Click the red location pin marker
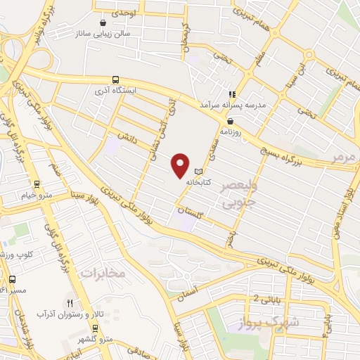pos(181,165)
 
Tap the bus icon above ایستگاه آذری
pos(115,79)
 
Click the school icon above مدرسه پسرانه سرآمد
pos(231,94)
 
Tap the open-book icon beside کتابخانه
pos(198,171)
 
